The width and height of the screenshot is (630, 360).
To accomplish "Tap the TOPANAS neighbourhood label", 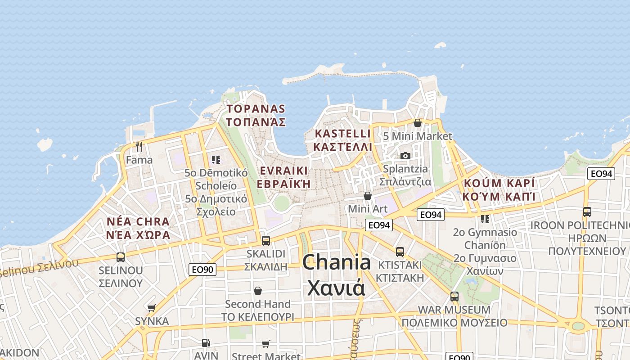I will point(256,115).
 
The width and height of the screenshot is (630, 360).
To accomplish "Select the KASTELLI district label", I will point(343,140).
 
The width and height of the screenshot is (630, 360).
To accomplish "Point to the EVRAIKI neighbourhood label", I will point(283,177).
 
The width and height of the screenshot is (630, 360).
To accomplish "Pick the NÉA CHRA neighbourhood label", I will point(138,228).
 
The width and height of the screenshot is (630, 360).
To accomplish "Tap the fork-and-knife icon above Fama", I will point(139,147).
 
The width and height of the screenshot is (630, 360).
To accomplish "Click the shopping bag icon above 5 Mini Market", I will point(418,123).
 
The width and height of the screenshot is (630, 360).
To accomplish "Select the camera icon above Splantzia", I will point(405,156).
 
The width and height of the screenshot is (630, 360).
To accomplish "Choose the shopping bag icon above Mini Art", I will point(368,196).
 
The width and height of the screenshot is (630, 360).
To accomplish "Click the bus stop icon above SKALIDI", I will point(266,240).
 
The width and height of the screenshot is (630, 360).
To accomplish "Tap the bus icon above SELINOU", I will point(121,257).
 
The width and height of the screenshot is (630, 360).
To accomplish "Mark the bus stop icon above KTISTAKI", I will point(400,252).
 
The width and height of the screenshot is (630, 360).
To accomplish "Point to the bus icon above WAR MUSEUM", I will point(454,297).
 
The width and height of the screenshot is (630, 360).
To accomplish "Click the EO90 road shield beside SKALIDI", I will point(202,270).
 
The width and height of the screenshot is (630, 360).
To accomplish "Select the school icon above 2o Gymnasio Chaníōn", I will point(485,219).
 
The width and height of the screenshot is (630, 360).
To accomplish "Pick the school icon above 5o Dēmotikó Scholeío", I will point(216,159).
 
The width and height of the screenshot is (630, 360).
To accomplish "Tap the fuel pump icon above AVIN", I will point(206,343).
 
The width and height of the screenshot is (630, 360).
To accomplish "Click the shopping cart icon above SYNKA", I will point(152,308).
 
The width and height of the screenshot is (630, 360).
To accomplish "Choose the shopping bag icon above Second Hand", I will point(258,291).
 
